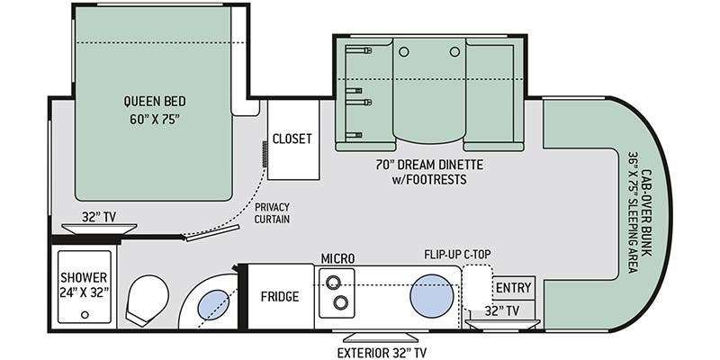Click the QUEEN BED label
point(155,102)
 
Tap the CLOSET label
point(292,139)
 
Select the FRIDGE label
point(280,297)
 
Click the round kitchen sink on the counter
point(432,295)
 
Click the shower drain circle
point(85,315)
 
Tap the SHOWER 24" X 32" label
point(85,284)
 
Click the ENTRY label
point(513,288)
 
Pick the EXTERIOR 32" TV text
point(382,353)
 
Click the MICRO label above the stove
point(337,258)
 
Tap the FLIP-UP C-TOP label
point(460,254)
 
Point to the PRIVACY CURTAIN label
point(273,213)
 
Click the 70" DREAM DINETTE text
point(429,165)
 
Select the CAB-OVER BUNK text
point(646,213)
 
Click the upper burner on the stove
point(333,281)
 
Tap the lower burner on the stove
point(340,302)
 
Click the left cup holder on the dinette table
point(403,52)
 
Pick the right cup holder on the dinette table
point(454,52)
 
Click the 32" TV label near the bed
point(99,217)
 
